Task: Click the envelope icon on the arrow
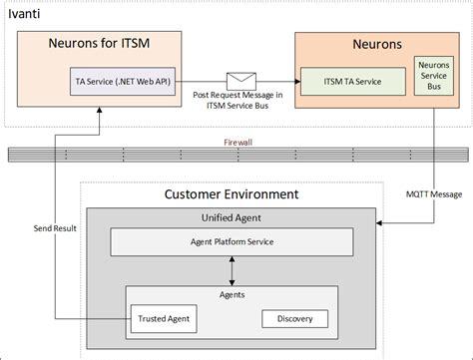pos(241,79)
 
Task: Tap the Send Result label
pos(54,228)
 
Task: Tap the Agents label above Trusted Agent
pos(233,296)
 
